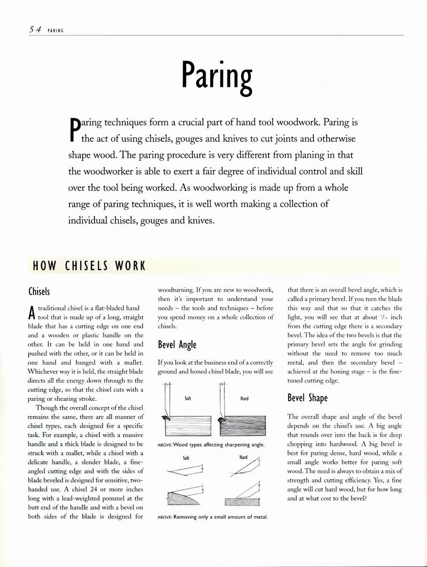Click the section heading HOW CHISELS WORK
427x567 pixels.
pos(89,266)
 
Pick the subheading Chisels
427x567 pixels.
pos(39,291)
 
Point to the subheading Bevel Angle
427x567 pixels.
pos(177,345)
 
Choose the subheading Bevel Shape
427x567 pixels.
pos(307,398)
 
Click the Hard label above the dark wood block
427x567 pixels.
pos(244,398)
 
